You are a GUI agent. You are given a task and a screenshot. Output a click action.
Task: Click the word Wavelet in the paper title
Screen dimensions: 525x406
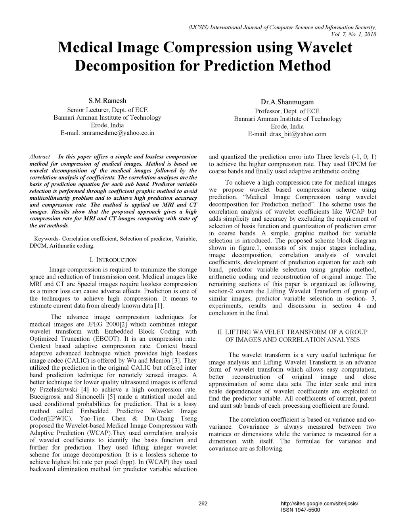click(x=324, y=48)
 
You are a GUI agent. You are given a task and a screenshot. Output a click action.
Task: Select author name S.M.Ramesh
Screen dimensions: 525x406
click(x=107, y=101)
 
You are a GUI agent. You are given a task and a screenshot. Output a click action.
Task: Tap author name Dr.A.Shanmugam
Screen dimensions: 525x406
click(x=287, y=102)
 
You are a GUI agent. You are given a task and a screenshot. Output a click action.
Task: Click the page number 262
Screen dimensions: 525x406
click(x=203, y=504)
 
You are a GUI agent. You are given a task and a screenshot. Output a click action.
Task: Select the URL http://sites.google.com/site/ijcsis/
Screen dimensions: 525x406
click(x=319, y=504)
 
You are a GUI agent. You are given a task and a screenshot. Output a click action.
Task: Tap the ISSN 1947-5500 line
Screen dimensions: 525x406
click(x=300, y=510)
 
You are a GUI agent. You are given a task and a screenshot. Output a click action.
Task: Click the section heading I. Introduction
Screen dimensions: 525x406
click(x=113, y=260)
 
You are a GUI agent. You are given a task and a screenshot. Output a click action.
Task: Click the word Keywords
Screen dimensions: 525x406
click(x=46, y=239)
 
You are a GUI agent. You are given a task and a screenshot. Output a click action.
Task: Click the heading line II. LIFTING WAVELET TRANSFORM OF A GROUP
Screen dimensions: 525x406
click(x=293, y=332)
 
